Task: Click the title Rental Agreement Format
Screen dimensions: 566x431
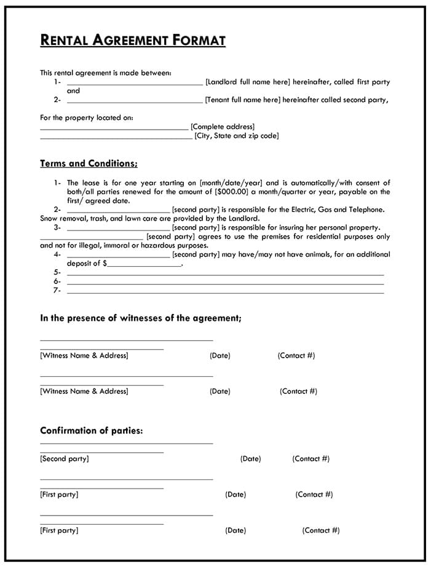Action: [133, 41]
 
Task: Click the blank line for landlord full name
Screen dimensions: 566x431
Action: [134, 83]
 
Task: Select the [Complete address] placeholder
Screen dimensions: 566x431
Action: [222, 127]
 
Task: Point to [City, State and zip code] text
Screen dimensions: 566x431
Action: [236, 136]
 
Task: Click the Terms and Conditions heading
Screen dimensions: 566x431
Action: [89, 163]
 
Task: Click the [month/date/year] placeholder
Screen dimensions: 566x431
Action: [231, 183]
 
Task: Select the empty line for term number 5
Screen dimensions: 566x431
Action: [225, 273]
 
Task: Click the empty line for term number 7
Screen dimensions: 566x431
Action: [225, 291]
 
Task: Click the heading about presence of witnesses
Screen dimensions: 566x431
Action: [141, 318]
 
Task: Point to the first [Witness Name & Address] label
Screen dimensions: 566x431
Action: [84, 355]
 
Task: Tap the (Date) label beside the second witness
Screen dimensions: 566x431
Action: [219, 391]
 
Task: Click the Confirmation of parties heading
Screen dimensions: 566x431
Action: [92, 431]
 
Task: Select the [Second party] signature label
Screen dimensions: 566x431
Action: [64, 458]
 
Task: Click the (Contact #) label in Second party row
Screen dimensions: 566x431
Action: [310, 458]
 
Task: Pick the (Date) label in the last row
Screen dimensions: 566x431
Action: [235, 530]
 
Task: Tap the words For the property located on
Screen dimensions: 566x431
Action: [86, 117]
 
